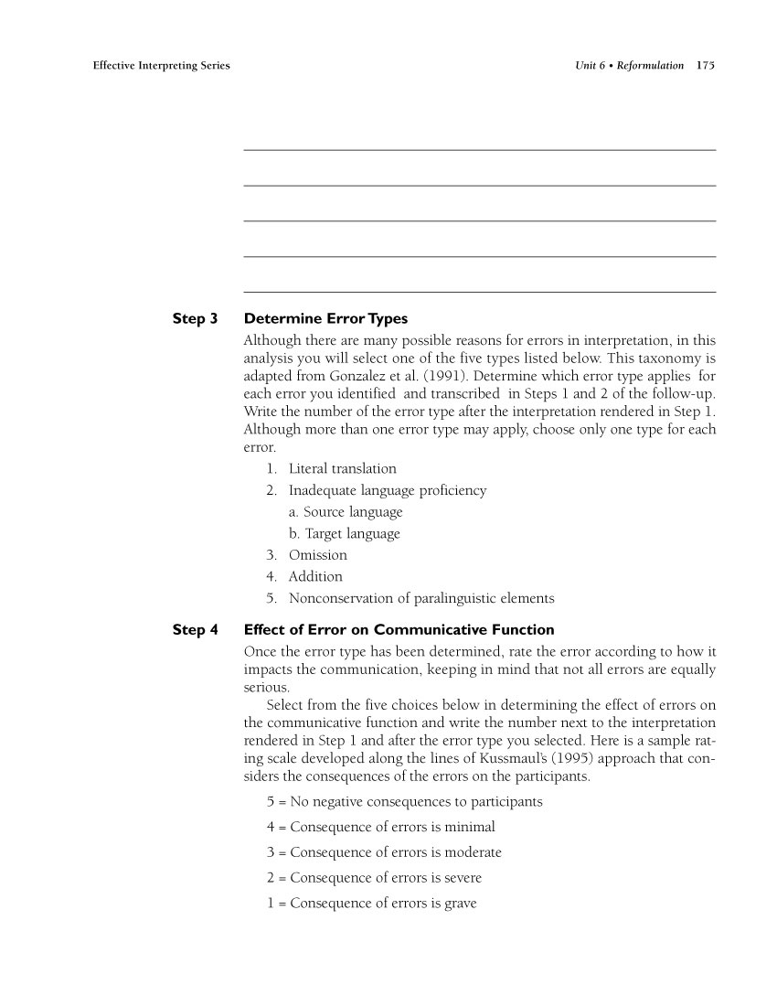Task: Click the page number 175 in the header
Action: tap(705, 66)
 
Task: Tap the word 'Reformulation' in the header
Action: tap(652, 66)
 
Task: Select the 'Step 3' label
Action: tap(195, 319)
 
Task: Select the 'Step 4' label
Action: tap(195, 630)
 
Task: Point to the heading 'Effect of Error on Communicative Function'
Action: tap(399, 630)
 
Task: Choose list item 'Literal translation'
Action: tap(342, 468)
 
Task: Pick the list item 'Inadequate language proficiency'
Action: tap(387, 490)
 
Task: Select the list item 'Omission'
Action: tap(317, 555)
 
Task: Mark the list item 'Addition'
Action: tap(315, 577)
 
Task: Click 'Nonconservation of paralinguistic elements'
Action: tap(420, 599)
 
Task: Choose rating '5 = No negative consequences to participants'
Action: tap(405, 802)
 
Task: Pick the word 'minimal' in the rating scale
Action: tap(470, 828)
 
